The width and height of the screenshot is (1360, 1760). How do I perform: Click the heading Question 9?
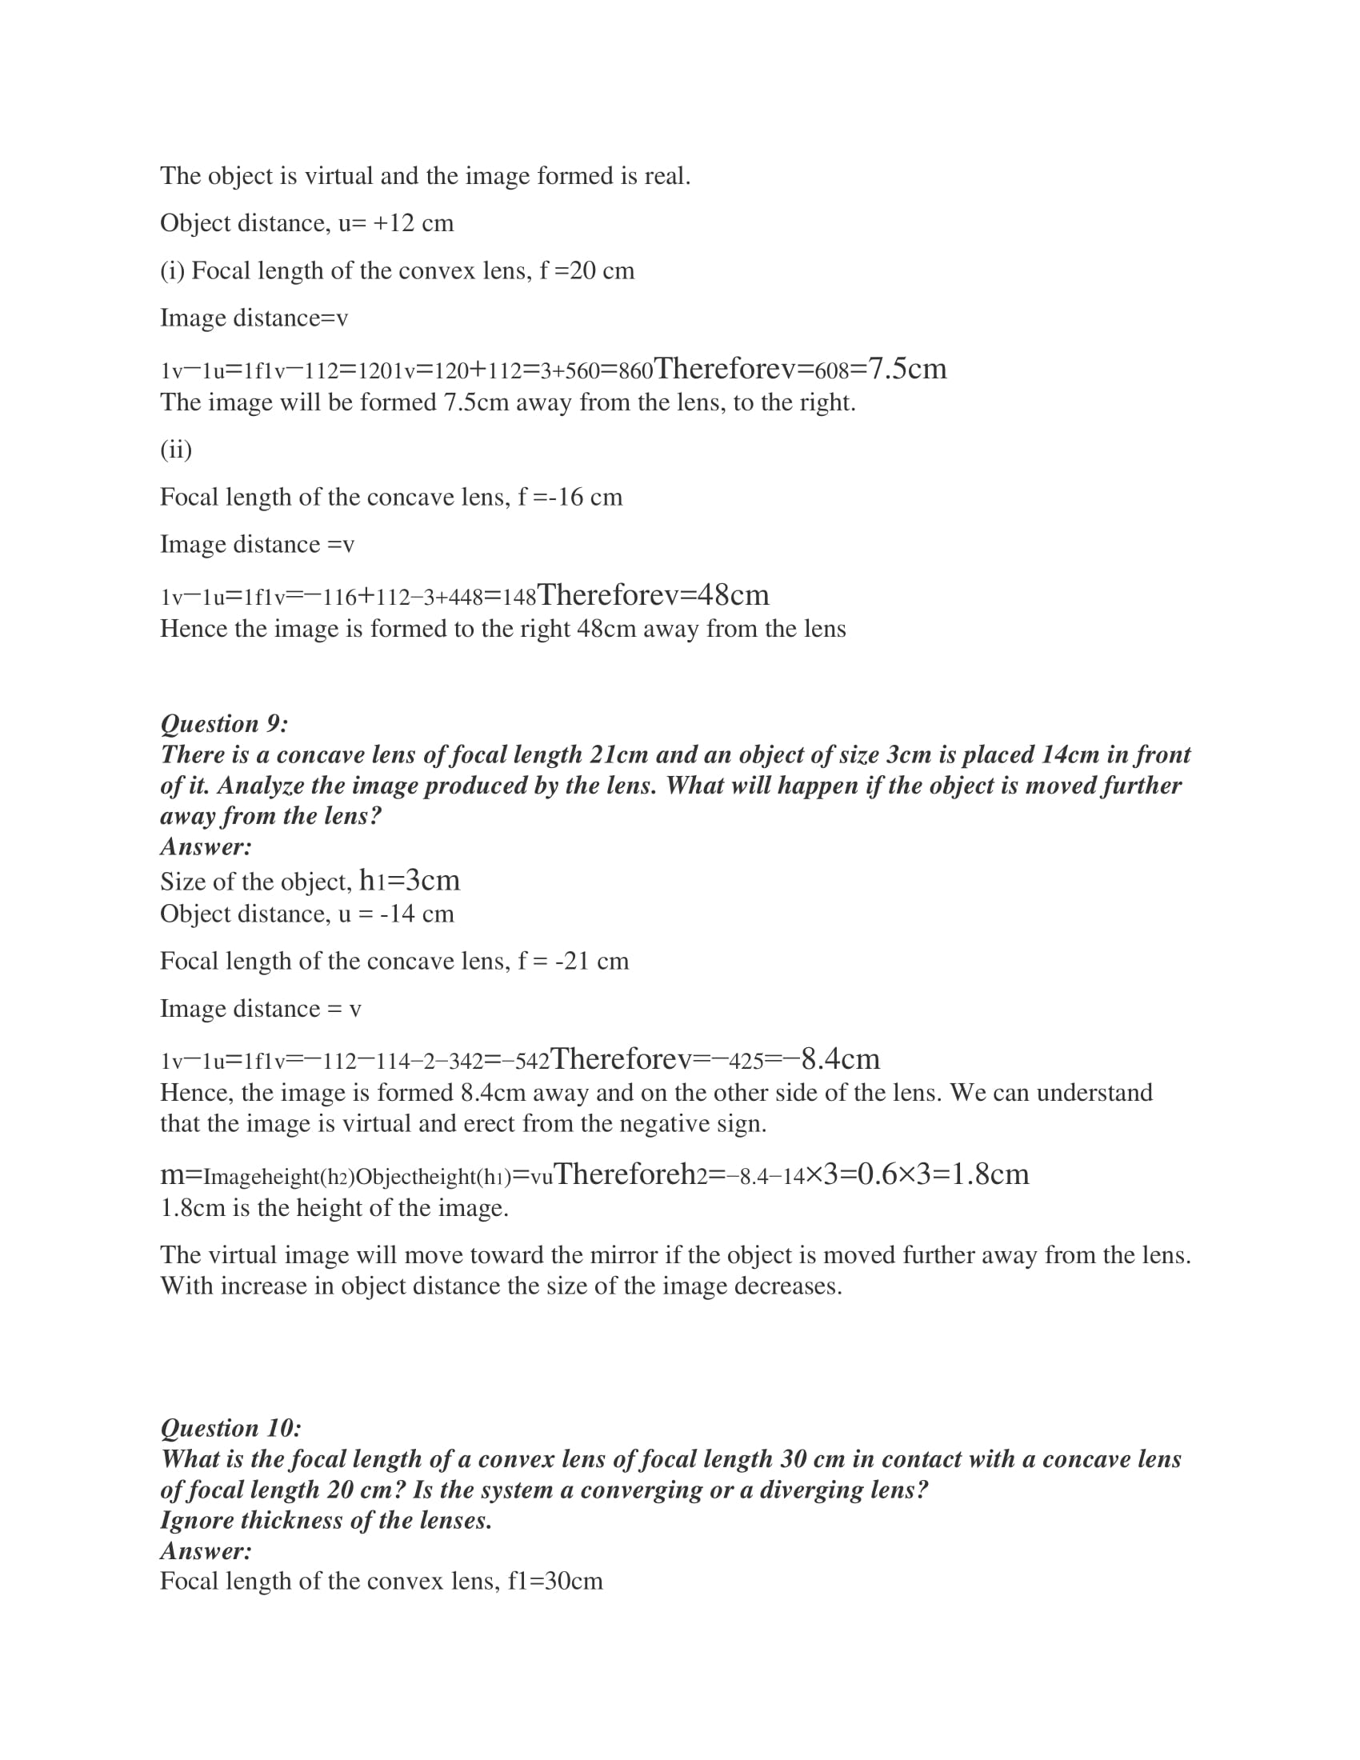click(224, 724)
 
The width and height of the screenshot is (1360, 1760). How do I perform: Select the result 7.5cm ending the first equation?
click(907, 369)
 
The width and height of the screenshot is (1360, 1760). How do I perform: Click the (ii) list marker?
click(176, 449)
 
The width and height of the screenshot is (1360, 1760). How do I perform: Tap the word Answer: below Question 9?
click(206, 846)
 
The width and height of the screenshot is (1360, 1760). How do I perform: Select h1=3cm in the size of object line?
click(410, 880)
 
